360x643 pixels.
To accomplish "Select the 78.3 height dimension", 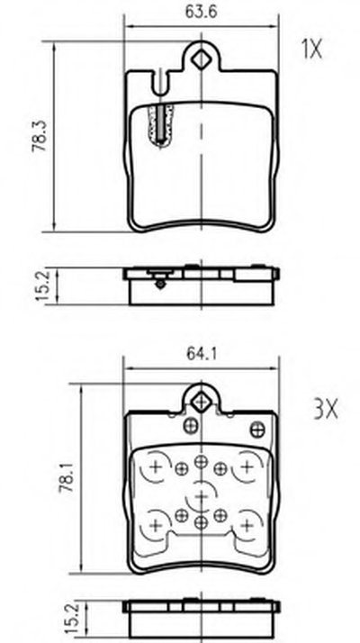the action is coord(40,136).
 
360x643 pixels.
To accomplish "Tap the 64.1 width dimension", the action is coord(202,353).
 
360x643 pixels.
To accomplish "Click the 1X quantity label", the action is coord(312,50).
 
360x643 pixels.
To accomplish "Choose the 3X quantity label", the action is coord(326,409).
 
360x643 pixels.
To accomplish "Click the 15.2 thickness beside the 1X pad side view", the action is coord(43,285).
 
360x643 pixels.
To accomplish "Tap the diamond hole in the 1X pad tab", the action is coord(202,60).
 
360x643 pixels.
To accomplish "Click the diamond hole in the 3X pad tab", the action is coord(201,402).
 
